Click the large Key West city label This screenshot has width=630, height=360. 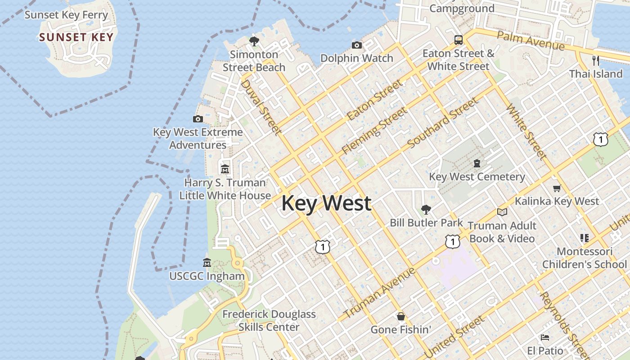326,203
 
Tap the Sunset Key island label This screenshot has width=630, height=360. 76,37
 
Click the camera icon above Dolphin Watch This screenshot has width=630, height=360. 357,45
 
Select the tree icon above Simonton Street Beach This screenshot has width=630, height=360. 254,41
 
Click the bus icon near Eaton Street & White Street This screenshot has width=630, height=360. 459,40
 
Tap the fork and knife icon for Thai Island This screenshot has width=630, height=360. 596,60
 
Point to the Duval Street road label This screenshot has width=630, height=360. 261,107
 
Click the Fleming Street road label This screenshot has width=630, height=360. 374,130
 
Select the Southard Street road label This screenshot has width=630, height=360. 443,123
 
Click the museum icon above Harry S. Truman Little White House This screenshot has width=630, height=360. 225,169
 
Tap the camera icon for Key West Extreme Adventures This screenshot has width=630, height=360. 198,119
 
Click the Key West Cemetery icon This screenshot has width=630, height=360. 477,163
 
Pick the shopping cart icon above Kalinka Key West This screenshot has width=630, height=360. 557,188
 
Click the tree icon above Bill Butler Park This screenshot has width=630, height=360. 426,209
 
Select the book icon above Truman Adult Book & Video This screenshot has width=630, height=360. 502,212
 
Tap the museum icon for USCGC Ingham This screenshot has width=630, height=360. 207,262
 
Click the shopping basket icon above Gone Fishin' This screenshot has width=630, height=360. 400,316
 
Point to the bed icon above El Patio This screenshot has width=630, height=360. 545,337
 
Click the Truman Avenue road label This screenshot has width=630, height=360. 380,293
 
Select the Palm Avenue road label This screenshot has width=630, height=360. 531,40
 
